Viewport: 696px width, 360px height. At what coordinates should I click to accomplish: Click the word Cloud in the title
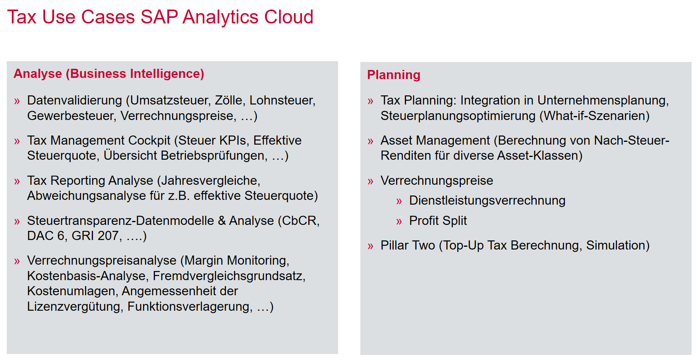tap(289, 17)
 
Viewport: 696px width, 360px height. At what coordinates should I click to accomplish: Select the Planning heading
tap(394, 75)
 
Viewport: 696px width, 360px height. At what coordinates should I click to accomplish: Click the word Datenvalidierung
tap(75, 100)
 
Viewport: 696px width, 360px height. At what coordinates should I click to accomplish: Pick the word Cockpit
tap(149, 140)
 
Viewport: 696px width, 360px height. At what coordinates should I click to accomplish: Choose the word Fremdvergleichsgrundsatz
tap(228, 276)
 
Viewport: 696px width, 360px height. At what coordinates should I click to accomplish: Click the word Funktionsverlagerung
tap(189, 306)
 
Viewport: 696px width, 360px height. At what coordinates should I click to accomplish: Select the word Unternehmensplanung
tap(603, 100)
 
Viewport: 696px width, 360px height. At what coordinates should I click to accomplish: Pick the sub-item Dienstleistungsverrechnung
tap(487, 200)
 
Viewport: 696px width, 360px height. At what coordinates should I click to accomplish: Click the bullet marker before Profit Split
tap(399, 222)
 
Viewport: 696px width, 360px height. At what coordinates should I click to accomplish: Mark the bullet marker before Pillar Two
tap(370, 246)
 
